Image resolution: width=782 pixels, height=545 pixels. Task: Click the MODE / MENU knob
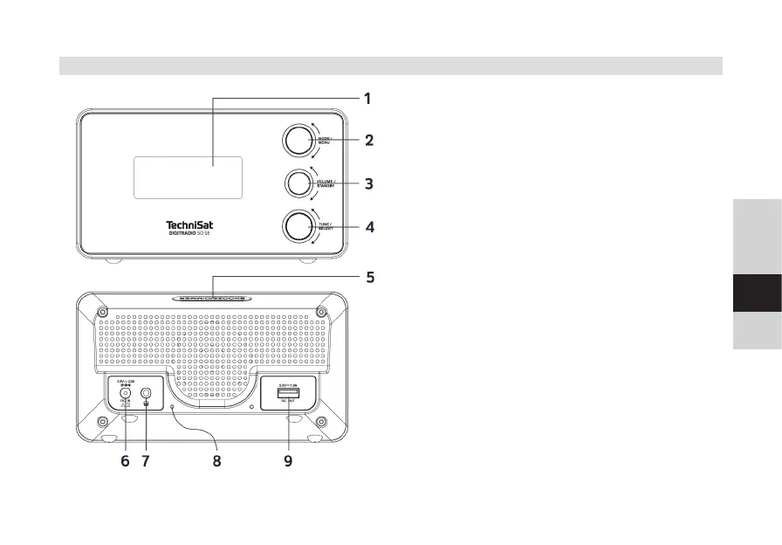298,140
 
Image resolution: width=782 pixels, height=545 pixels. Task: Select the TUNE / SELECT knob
298,226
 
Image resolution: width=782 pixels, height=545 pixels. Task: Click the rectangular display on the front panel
188,177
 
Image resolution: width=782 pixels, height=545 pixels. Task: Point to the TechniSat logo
189,225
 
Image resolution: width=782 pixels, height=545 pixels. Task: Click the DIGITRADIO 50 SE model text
189,234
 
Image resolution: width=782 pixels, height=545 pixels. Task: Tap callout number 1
368,99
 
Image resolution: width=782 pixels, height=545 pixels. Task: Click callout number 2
369,140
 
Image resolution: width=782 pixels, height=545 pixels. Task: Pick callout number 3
369,184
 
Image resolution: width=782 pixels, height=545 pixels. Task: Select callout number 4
369,227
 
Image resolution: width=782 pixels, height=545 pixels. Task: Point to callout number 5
370,278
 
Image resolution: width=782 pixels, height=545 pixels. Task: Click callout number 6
125,461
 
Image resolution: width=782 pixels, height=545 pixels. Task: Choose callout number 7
146,461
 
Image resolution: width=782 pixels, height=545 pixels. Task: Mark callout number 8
217,461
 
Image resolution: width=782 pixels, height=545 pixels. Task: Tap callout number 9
287,461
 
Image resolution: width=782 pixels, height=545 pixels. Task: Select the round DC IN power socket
125,394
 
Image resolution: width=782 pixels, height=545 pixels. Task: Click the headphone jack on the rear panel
146,395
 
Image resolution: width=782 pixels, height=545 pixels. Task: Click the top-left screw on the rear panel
102,313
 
